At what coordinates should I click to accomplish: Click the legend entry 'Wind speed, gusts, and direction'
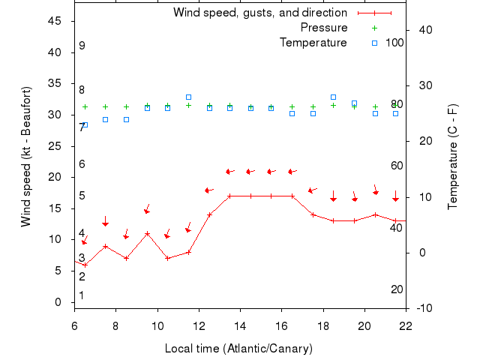(x=259, y=13)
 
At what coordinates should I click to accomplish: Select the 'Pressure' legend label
(x=324, y=28)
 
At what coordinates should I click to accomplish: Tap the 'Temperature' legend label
(x=313, y=43)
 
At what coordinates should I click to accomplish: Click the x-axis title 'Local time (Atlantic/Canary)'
(x=238, y=349)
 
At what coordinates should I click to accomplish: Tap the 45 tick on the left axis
(x=55, y=21)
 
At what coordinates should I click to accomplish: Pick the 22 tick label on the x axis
(x=406, y=326)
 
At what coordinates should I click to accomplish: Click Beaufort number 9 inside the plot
(x=82, y=46)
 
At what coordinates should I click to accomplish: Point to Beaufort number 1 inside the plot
(x=82, y=295)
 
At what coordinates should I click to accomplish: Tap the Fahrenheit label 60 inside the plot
(x=397, y=166)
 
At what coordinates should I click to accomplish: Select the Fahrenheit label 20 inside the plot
(x=397, y=289)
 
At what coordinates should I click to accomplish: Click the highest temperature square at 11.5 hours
(x=188, y=97)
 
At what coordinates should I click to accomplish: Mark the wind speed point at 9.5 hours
(x=147, y=233)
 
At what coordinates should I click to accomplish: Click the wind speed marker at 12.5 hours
(x=209, y=214)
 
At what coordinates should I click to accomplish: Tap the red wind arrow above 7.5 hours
(x=106, y=222)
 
